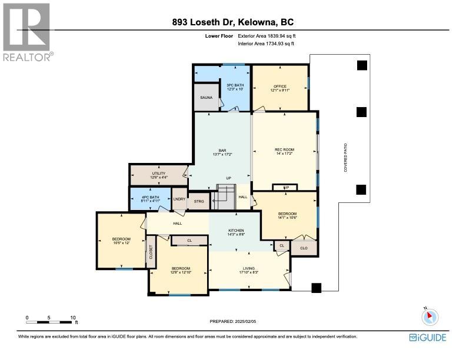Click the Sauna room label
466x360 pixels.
[206, 98]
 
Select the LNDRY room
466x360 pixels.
[179, 199]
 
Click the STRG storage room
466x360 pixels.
[198, 200]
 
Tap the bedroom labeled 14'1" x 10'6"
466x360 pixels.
[287, 215]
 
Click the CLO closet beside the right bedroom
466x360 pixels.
[304, 248]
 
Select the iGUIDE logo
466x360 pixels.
[428, 338]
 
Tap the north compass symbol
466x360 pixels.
[430, 316]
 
